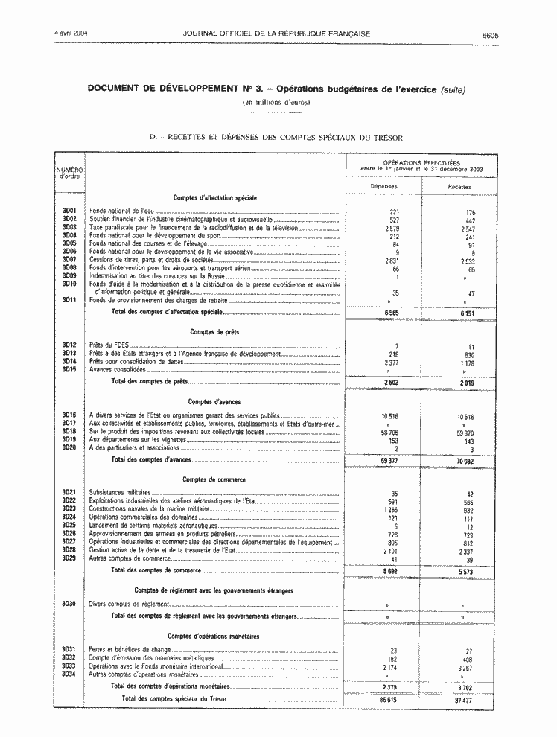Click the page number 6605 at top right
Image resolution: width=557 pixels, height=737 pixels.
point(489,35)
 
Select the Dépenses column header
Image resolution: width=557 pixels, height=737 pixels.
point(385,187)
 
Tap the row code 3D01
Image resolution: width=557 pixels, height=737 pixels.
point(70,211)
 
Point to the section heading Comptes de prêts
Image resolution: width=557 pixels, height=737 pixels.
point(214,331)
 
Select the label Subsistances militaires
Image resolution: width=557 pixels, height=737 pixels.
point(119,494)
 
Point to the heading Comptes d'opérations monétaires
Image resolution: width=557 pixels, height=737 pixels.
point(214,636)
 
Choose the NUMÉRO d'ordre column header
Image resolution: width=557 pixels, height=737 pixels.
point(69,173)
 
